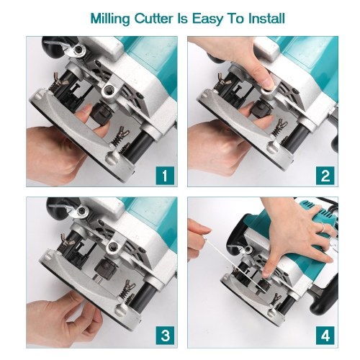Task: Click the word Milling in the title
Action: tap(110, 19)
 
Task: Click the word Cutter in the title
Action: tap(153, 19)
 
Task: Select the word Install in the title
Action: tap(266, 18)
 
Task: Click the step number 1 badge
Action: tap(165, 176)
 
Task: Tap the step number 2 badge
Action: tap(325, 176)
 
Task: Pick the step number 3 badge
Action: tap(165, 336)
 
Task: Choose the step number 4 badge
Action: tap(325, 336)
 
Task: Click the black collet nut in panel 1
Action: tap(102, 112)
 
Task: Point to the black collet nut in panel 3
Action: tap(104, 268)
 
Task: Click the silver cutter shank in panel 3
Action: tap(99, 279)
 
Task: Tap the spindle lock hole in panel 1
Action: tap(110, 91)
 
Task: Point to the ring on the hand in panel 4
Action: tap(323, 227)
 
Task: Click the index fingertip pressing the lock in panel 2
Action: tap(268, 84)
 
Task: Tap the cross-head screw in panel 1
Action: tap(78, 50)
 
